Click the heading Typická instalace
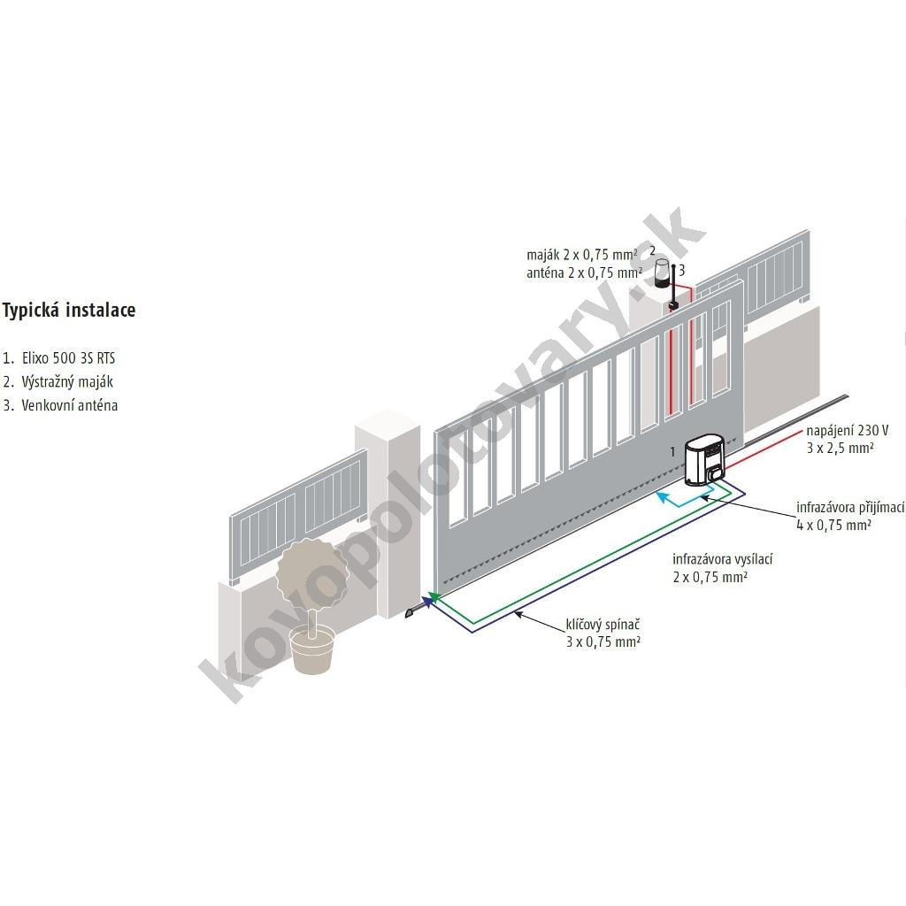[68, 311]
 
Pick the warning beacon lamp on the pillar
[662, 275]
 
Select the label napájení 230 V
[846, 431]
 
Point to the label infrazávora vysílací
[716, 560]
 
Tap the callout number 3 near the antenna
[682, 270]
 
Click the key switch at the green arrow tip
[411, 612]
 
